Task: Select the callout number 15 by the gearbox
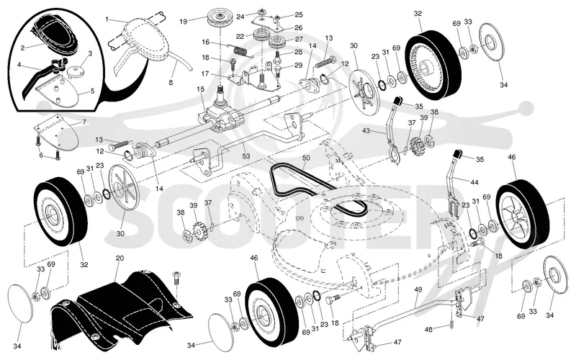pyautogui.click(x=200, y=89)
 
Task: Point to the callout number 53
pyautogui.click(x=246, y=156)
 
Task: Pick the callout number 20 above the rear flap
pyautogui.click(x=120, y=258)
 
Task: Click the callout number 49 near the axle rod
pyautogui.click(x=418, y=290)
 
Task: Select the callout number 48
pyautogui.click(x=428, y=330)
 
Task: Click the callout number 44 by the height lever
pyautogui.click(x=474, y=182)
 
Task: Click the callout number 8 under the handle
pyautogui.click(x=171, y=83)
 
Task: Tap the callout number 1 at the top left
pyautogui.click(x=107, y=19)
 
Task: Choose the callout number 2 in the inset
pyautogui.click(x=23, y=48)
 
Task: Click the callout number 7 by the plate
pyautogui.click(x=84, y=122)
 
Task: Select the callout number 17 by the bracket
pyautogui.click(x=205, y=74)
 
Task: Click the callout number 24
pyautogui.click(x=240, y=17)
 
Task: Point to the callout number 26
pyautogui.click(x=298, y=27)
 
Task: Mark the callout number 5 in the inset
pyautogui.click(x=92, y=91)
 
